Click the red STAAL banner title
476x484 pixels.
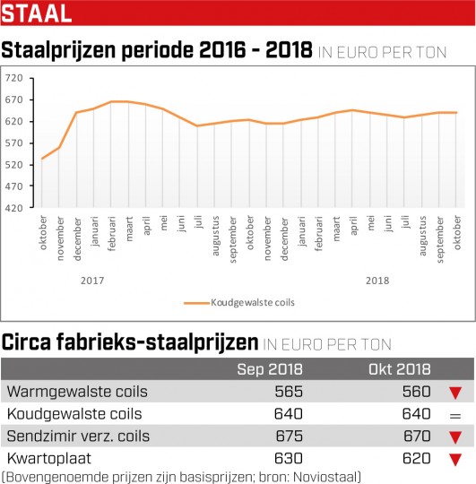pyautogui.click(x=37, y=13)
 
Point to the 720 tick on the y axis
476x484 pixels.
pyautogui.click(x=13, y=78)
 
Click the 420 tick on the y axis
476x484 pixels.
pyautogui.click(x=13, y=208)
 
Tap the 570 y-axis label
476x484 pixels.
pyautogui.click(x=13, y=143)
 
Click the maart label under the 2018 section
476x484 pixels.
pyautogui.click(x=336, y=229)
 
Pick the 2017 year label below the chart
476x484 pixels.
pyautogui.click(x=92, y=281)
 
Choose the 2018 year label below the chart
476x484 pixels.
pyautogui.click(x=377, y=281)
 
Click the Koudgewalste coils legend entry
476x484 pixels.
pyautogui.click(x=239, y=303)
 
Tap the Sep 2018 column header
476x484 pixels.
pyautogui.click(x=270, y=369)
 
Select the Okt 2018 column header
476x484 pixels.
pyautogui.click(x=400, y=369)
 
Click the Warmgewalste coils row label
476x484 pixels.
pyautogui.click(x=77, y=392)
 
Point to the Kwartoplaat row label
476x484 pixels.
pyautogui.click(x=48, y=458)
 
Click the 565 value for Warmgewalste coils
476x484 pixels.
pyautogui.click(x=289, y=392)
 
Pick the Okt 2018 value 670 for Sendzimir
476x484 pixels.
pyautogui.click(x=417, y=436)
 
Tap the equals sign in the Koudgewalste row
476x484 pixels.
pyautogui.click(x=455, y=416)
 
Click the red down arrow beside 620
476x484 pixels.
pyautogui.click(x=455, y=460)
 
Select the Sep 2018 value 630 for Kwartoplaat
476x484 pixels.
pyautogui.click(x=289, y=458)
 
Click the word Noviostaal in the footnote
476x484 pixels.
pyautogui.click(x=325, y=477)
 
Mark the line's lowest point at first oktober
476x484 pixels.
pyautogui.click(x=42, y=159)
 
